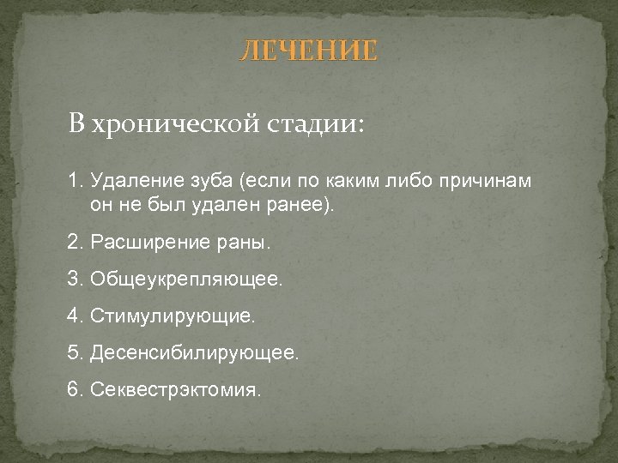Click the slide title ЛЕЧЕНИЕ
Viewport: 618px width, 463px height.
(x=307, y=51)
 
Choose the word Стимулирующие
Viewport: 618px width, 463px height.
(x=172, y=316)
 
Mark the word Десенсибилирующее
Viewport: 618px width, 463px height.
(x=194, y=353)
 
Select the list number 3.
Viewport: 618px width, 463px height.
(x=73, y=280)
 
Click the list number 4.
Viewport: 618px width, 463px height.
(x=73, y=316)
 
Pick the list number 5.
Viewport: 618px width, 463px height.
(x=73, y=353)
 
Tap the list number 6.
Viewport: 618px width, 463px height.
(x=73, y=390)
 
